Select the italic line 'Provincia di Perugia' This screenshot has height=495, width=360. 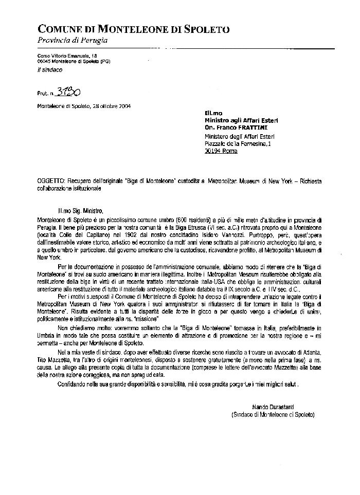pos(73,40)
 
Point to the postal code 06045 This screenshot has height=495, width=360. pos(44,61)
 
